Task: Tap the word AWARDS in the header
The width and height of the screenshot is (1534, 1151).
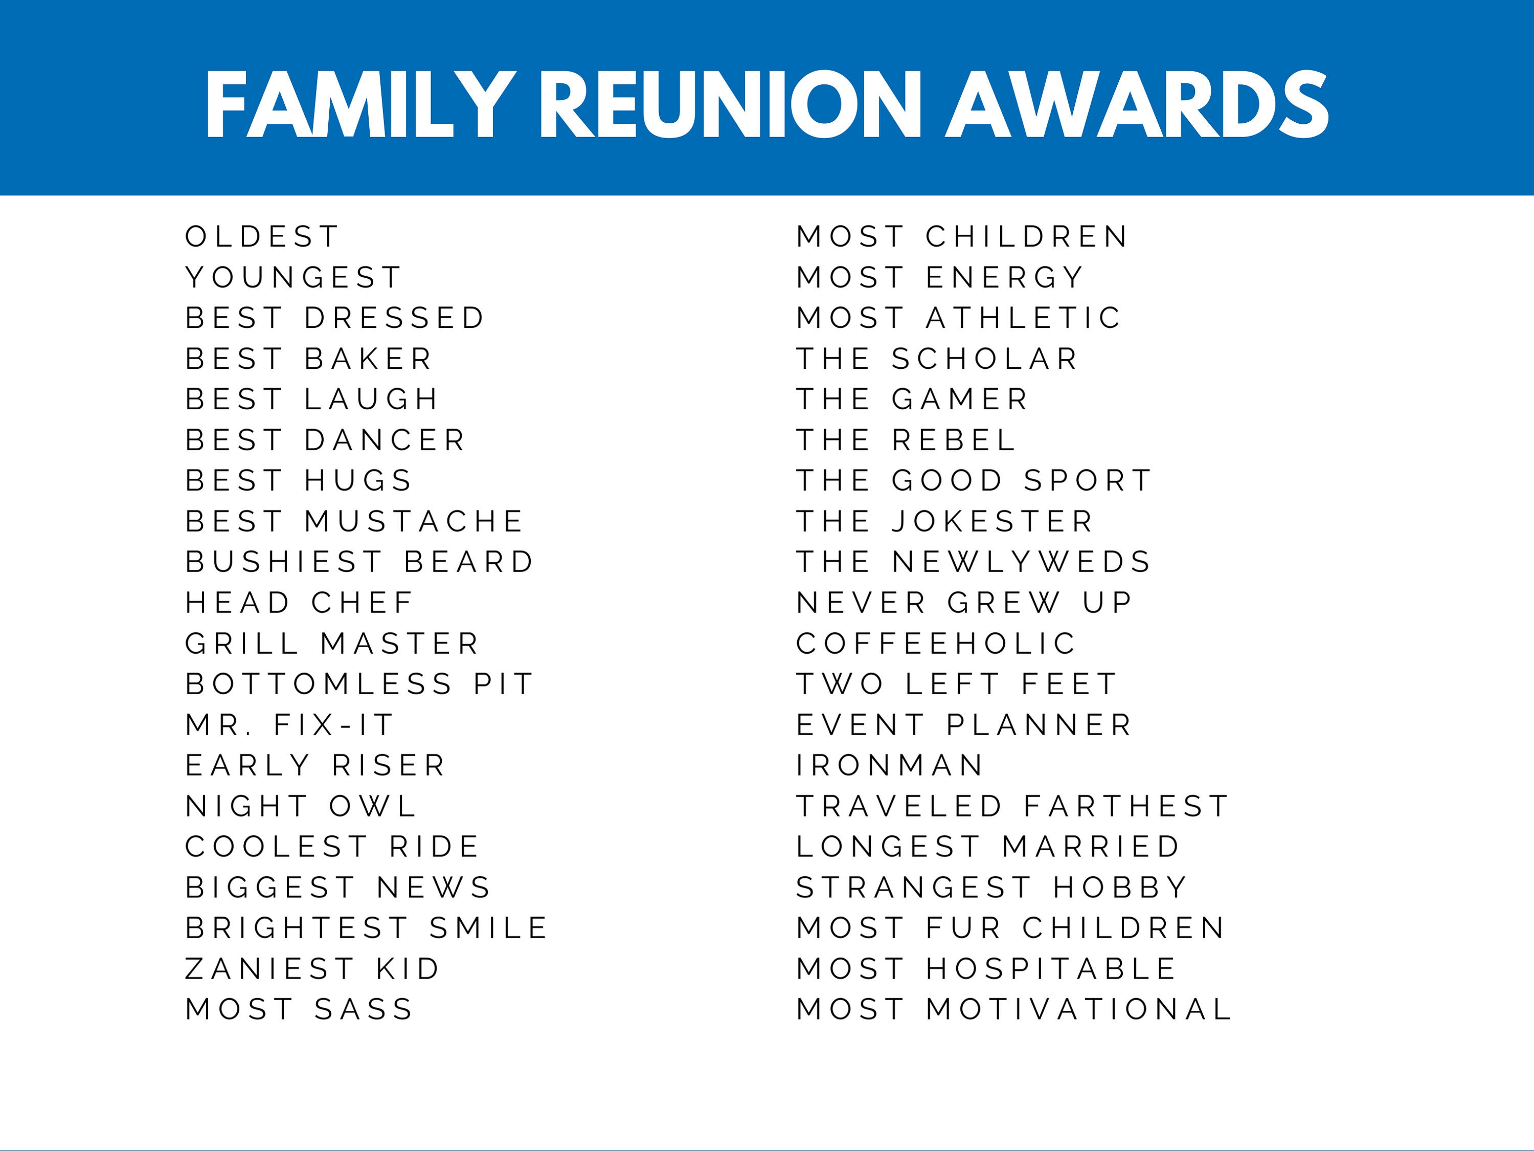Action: tap(1137, 105)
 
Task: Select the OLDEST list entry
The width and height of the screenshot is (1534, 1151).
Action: tap(262, 236)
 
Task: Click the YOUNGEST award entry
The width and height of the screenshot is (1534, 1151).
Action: tap(294, 277)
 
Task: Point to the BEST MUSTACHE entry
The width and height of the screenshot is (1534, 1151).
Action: tap(354, 522)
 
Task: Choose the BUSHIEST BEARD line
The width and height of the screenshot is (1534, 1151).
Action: tap(360, 562)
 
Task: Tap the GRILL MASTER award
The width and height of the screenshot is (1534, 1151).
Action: tap(332, 644)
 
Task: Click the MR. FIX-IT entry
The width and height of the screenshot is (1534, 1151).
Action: tap(290, 725)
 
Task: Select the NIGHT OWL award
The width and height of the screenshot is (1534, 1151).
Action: tap(301, 806)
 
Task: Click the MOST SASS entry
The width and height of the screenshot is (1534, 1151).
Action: tap(300, 1009)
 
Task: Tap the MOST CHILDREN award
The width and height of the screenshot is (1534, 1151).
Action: tap(962, 236)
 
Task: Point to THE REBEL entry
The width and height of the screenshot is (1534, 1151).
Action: tap(906, 440)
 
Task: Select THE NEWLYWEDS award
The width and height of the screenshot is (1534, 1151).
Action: tap(974, 562)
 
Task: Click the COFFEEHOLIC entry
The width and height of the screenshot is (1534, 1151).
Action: tap(936, 644)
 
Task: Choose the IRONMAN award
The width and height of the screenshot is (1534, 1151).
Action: tap(890, 766)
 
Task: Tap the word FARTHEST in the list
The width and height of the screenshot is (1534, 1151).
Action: tap(1126, 806)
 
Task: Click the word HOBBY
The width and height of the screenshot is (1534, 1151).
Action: tap(1121, 888)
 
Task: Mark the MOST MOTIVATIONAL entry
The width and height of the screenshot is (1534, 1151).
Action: tap(1014, 1009)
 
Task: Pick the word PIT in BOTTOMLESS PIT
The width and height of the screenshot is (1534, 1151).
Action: tap(504, 684)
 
